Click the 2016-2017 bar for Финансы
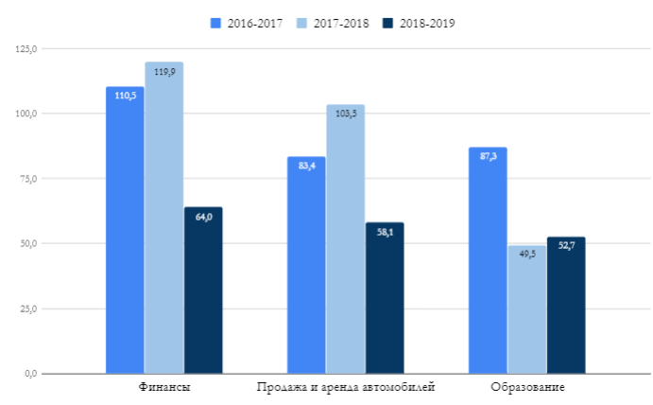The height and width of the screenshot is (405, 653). (x=125, y=230)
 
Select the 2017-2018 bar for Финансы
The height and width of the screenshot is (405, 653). (x=163, y=218)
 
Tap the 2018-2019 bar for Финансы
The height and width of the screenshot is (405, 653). (x=203, y=290)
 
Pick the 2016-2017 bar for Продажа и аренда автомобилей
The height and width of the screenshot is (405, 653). (x=306, y=265)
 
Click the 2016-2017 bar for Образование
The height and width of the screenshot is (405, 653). (x=488, y=260)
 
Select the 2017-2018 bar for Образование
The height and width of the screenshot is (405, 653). (x=526, y=309)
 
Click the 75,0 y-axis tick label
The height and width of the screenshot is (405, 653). (x=25, y=179)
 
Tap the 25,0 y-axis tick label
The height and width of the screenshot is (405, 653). (x=25, y=308)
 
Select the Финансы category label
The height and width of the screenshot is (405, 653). (x=163, y=387)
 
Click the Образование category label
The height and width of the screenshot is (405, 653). (x=526, y=387)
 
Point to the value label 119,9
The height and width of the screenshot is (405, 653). (x=163, y=72)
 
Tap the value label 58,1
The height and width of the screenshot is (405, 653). (x=385, y=232)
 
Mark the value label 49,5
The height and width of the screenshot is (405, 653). (x=526, y=254)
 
